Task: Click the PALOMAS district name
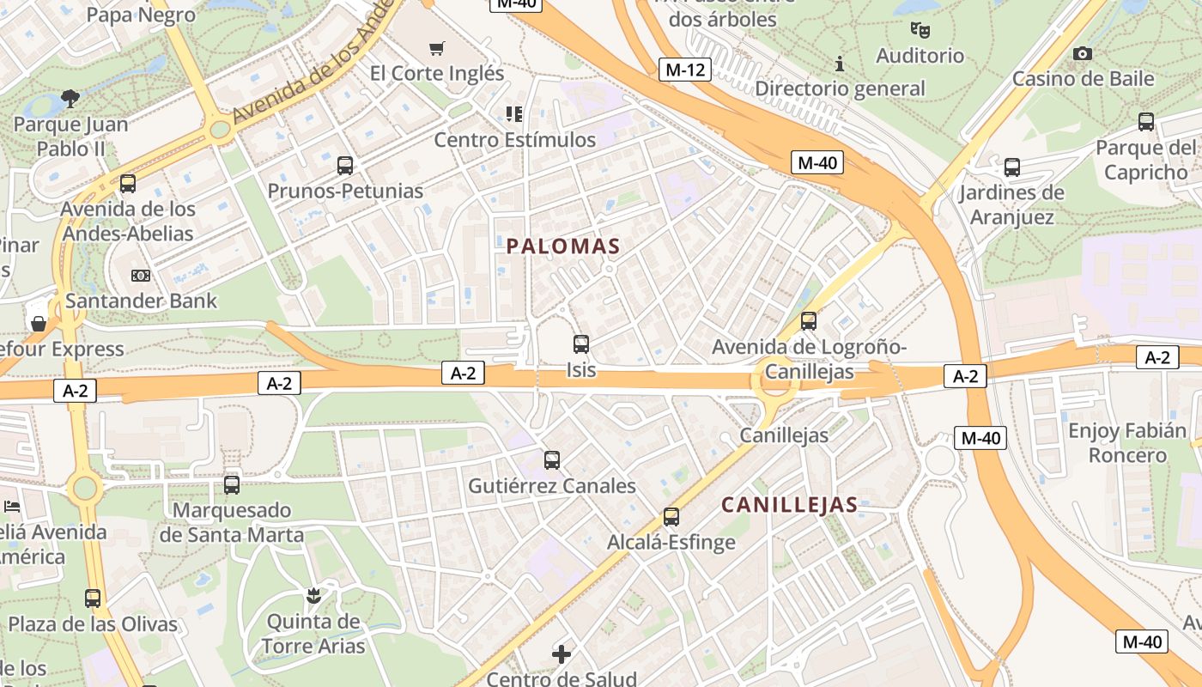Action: pos(562,246)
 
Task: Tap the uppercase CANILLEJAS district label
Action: pos(789,504)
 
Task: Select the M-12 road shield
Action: pos(685,70)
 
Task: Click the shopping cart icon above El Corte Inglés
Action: pos(437,48)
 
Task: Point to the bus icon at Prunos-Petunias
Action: pos(345,166)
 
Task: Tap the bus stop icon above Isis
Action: pos(581,344)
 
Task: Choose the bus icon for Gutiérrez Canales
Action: pos(552,459)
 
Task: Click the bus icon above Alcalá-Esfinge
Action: pos(671,517)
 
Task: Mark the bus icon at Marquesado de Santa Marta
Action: pos(232,484)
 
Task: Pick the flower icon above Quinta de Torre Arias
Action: pos(313,595)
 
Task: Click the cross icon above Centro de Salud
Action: pos(562,654)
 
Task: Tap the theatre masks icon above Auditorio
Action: pos(920,31)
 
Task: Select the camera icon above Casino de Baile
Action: pos(1083,54)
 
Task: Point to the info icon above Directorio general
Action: pos(840,64)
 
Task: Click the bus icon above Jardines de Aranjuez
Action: pos(1012,167)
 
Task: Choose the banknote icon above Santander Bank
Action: pos(140,276)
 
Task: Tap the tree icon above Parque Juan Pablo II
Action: pos(70,100)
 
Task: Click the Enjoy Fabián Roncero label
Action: pos(1127,442)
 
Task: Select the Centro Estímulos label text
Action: pos(514,139)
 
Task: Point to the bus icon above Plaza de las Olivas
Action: pos(93,599)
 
